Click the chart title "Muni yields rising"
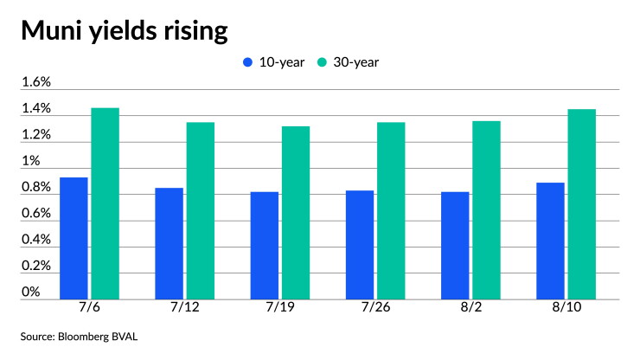tap(125, 30)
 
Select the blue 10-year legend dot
tap(247, 62)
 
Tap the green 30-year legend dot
tap(322, 62)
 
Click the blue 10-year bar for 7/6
tap(74, 238)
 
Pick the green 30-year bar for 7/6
tap(106, 203)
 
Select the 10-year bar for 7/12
tap(169, 243)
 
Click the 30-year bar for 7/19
tap(296, 213)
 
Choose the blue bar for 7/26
tap(360, 245)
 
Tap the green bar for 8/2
tap(487, 210)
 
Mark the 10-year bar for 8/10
tap(550, 241)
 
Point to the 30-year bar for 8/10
tap(582, 204)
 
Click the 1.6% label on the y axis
tap(36, 81)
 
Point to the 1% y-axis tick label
tap(30, 161)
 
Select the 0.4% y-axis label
tap(36, 239)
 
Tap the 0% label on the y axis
tap(30, 292)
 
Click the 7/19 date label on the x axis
tap(280, 307)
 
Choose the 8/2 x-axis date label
tap(471, 307)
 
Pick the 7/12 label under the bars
tap(185, 307)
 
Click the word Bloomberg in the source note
tap(83, 337)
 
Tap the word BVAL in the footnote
tap(125, 337)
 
